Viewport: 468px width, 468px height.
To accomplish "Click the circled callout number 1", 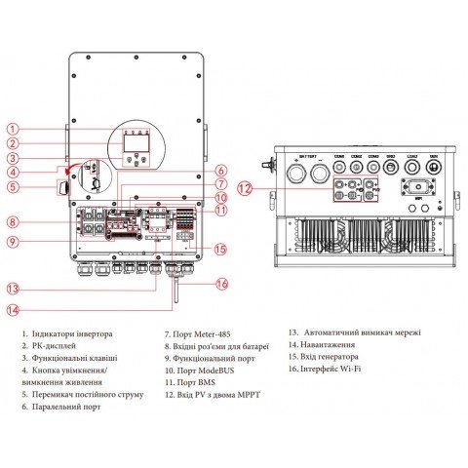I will (12, 129).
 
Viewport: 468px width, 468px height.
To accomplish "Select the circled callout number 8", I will (12, 222).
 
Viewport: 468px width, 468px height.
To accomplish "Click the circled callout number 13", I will (12, 289).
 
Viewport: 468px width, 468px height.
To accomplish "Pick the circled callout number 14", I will (12, 310).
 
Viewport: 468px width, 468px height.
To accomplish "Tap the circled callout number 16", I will (221, 284).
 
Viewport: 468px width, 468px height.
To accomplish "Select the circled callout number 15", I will (221, 250).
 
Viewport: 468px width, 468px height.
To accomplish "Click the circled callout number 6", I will (221, 170).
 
